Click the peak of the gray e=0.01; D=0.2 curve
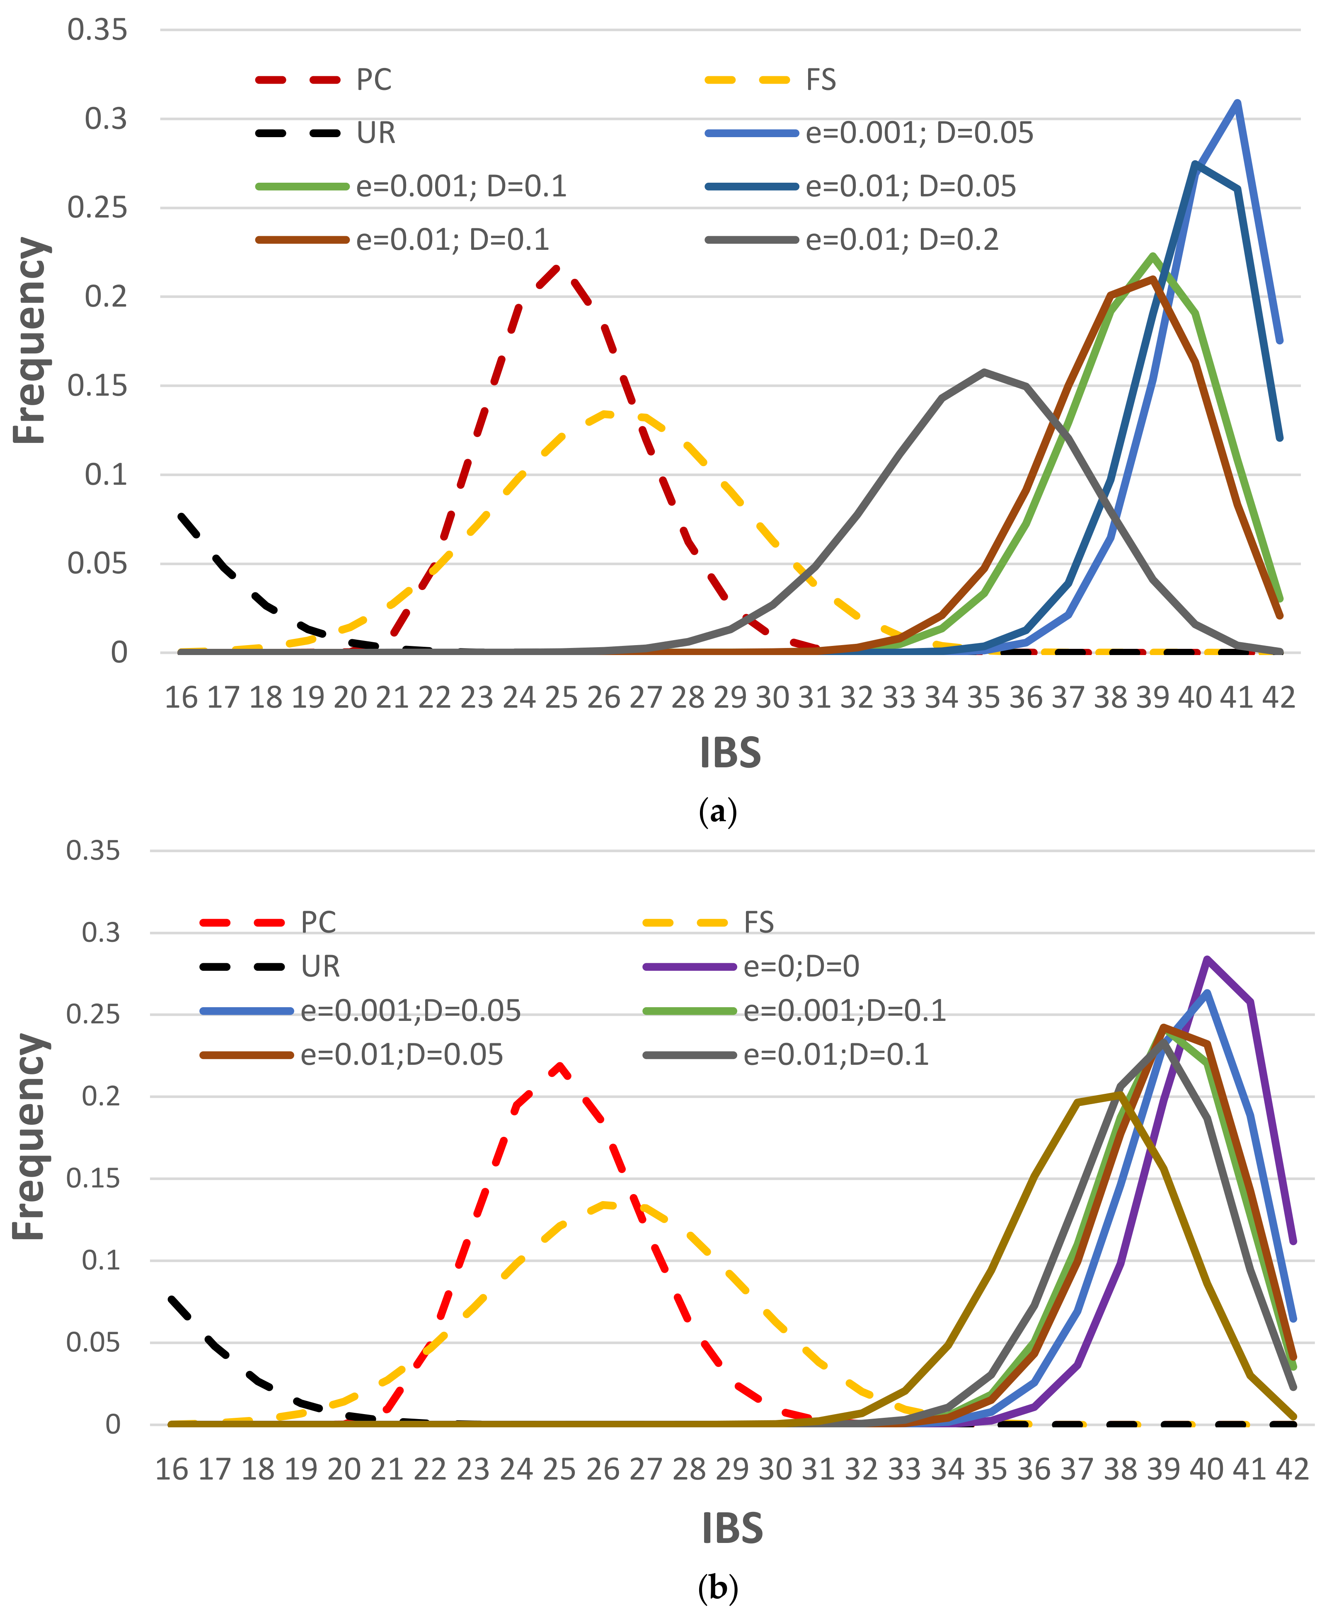point(984,372)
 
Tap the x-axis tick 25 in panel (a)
point(561,697)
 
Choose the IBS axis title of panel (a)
point(730,753)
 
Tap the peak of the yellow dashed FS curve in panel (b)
point(607,1204)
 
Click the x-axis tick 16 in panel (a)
point(182,697)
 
